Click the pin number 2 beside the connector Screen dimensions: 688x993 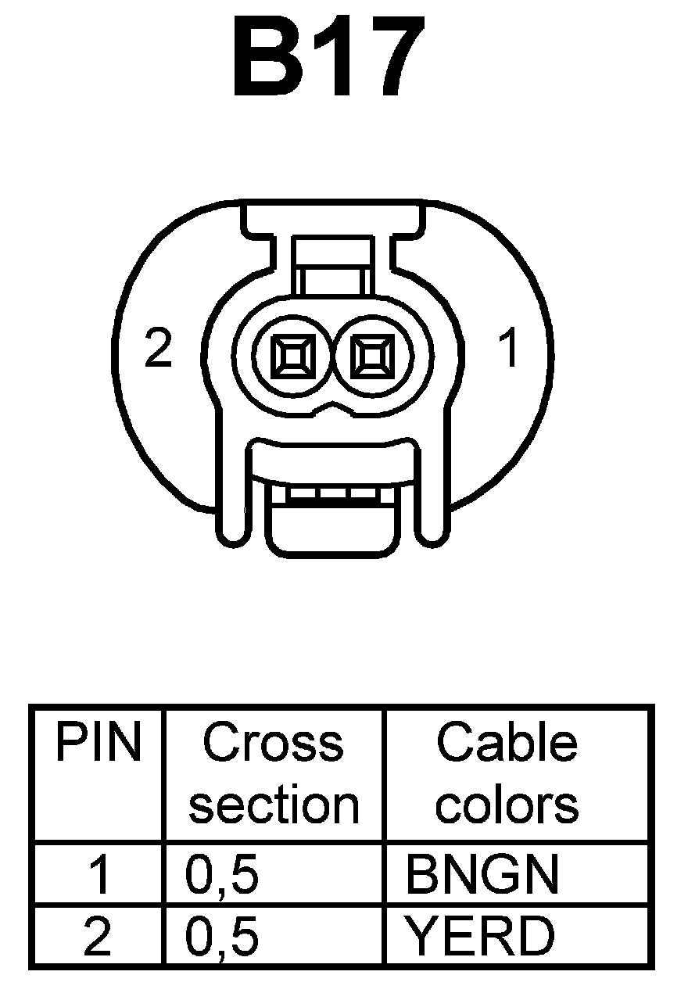coord(159,349)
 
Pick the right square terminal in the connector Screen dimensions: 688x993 coord(372,357)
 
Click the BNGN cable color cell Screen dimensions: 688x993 coord(482,875)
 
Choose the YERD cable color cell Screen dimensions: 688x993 coord(478,937)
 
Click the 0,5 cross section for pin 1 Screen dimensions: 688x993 coord(222,875)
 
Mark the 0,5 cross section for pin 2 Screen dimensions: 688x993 coord(222,937)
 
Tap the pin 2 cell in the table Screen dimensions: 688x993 coord(98,937)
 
